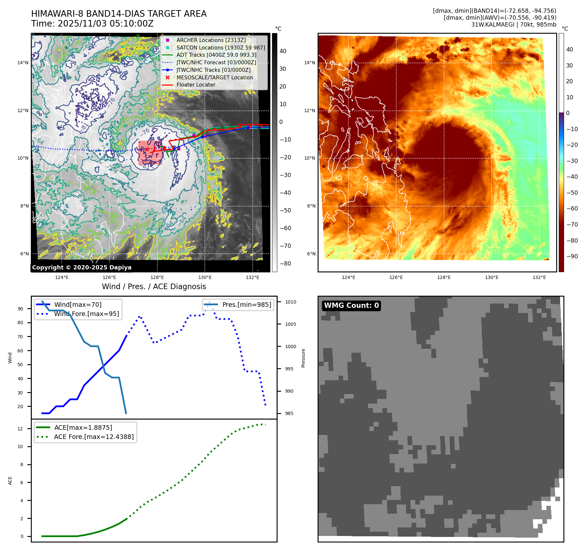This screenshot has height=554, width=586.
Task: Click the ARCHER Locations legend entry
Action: coord(211,40)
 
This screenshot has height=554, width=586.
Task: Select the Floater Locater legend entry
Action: coord(196,85)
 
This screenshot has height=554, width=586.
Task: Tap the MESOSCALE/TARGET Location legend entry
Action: coord(214,77)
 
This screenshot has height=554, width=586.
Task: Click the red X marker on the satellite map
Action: coord(147,149)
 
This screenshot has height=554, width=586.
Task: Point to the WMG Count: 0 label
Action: coord(351,306)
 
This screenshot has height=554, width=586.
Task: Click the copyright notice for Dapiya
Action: coord(82,267)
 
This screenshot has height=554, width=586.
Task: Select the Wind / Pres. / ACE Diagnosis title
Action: coord(154,287)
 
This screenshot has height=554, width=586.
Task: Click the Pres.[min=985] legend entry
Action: coord(246,305)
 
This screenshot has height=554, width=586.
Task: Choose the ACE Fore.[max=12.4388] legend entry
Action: coord(94,437)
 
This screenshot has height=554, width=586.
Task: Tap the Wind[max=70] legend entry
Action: coord(78,305)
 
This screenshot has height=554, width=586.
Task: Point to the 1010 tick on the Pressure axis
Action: coord(290,302)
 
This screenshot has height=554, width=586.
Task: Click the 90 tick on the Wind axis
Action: coord(21,309)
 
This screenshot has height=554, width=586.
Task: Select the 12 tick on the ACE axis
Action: coord(20,429)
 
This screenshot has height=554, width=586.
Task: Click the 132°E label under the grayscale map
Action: coord(252,277)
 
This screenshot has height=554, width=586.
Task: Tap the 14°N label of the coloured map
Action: coord(309,63)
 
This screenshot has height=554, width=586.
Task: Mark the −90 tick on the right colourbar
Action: coord(572,256)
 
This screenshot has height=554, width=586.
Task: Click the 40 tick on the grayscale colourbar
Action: coord(283,51)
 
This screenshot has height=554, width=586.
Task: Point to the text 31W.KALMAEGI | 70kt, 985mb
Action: coord(514,25)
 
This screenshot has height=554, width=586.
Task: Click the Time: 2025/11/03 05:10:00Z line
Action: coord(92,24)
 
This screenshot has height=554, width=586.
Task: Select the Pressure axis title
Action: coord(303,358)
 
